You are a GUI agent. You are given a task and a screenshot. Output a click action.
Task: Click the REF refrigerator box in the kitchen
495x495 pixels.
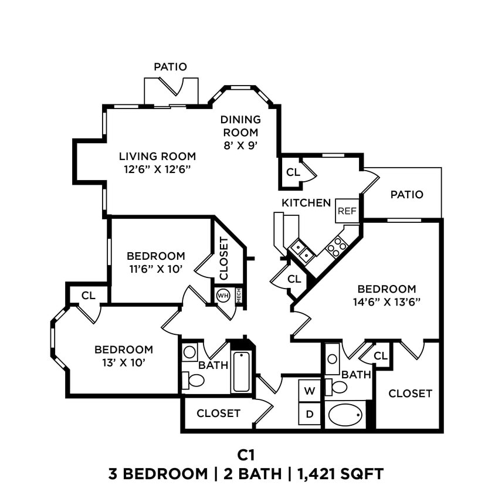(x=346, y=211)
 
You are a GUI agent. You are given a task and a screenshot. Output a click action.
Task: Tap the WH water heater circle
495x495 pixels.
(x=223, y=295)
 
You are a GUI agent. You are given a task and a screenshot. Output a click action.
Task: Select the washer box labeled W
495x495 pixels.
(x=310, y=391)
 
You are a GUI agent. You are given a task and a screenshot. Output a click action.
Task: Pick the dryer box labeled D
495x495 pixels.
(x=310, y=414)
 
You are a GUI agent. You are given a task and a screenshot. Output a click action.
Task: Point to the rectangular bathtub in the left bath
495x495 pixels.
(x=242, y=372)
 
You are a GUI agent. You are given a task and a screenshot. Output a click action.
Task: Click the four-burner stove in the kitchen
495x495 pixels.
(x=337, y=247)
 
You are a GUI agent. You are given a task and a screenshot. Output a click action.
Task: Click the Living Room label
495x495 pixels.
(x=157, y=157)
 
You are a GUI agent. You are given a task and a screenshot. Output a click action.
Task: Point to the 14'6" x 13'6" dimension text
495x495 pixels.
(x=386, y=302)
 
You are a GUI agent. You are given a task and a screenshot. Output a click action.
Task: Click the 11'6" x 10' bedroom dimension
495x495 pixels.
(x=155, y=269)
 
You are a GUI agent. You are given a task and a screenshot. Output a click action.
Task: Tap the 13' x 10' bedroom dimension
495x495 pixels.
(x=124, y=362)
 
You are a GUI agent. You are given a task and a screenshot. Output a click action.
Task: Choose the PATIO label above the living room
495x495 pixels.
(x=170, y=67)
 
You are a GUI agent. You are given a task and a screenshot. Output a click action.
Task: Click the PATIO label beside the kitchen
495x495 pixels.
(x=406, y=195)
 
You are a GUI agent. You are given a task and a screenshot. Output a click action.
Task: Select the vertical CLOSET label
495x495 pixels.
(x=223, y=259)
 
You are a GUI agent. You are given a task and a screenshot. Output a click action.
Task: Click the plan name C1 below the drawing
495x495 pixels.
(x=247, y=455)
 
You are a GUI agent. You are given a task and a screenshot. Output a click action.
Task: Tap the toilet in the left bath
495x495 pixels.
(x=193, y=380)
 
